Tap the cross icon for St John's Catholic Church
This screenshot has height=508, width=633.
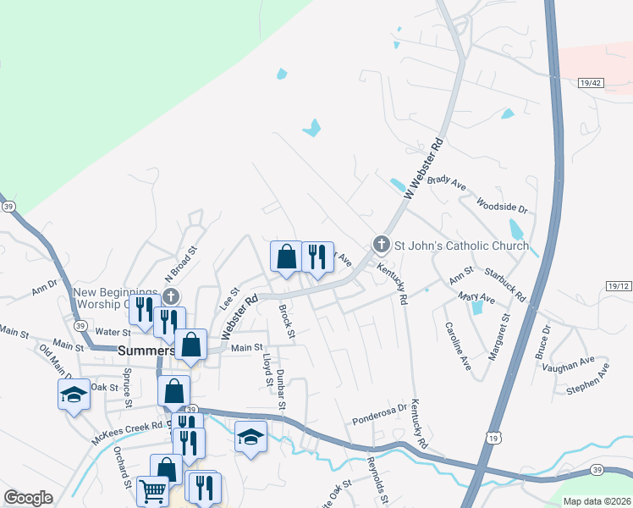click(382, 245)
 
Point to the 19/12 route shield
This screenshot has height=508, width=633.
click(619, 288)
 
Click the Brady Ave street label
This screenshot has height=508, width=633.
click(447, 181)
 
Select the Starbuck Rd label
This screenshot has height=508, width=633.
click(505, 284)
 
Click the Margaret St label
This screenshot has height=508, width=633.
click(498, 336)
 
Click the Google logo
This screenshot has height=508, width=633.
click(28, 498)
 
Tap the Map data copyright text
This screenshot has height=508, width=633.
click(596, 501)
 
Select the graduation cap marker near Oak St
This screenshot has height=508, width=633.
click(74, 392)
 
